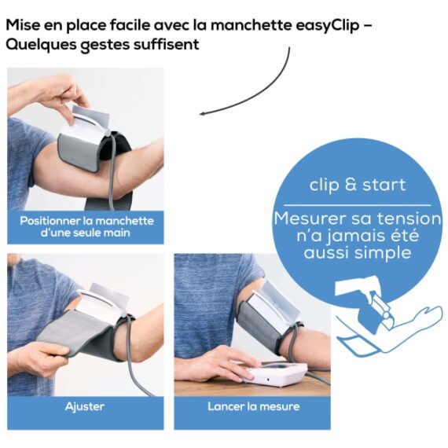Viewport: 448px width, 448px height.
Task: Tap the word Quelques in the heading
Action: (42, 45)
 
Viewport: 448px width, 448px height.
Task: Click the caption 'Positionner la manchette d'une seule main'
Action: (86, 226)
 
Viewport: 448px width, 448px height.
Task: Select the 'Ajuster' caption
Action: (85, 406)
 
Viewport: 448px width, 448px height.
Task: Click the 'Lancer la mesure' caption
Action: (252, 406)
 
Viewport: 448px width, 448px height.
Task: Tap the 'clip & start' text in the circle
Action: (357, 185)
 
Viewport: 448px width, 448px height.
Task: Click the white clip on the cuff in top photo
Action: (87, 119)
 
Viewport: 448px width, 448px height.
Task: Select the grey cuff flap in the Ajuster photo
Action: (75, 334)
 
